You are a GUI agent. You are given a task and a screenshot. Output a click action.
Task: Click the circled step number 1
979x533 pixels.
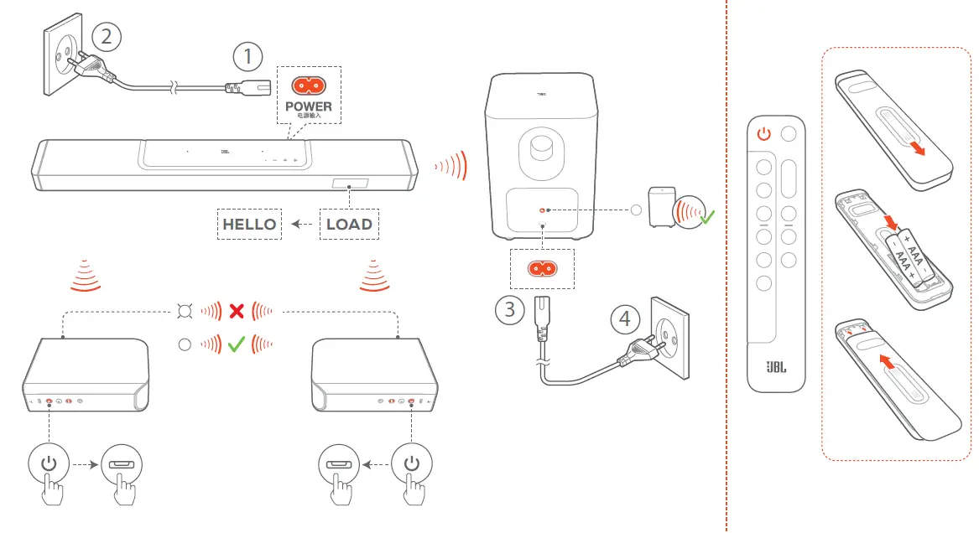coord(247,57)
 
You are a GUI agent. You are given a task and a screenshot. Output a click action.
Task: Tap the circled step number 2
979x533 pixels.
coord(106,35)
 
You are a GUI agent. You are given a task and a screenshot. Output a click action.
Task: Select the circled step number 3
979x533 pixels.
coord(509,310)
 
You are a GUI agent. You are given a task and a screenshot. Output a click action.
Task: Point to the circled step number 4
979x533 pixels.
coord(623,319)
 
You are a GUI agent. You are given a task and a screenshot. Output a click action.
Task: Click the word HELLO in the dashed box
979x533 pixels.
coord(249,224)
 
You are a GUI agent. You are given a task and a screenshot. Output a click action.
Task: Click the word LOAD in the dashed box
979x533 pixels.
coord(349,224)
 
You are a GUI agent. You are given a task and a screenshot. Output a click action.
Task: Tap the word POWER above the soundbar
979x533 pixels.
coord(308,106)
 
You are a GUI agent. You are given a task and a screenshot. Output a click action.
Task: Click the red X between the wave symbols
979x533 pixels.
coord(237,312)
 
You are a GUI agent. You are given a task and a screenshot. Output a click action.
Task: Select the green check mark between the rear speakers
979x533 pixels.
coord(236,344)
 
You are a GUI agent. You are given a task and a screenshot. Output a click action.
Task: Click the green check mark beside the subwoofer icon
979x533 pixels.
coord(707,217)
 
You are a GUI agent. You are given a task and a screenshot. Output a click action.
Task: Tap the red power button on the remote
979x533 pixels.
coord(763,133)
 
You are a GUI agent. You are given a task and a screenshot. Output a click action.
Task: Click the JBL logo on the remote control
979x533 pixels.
coord(775,368)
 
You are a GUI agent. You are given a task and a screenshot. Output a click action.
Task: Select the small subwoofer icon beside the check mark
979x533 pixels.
coord(662,208)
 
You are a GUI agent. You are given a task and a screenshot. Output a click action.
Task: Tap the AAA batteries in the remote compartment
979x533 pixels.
coord(905,257)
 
